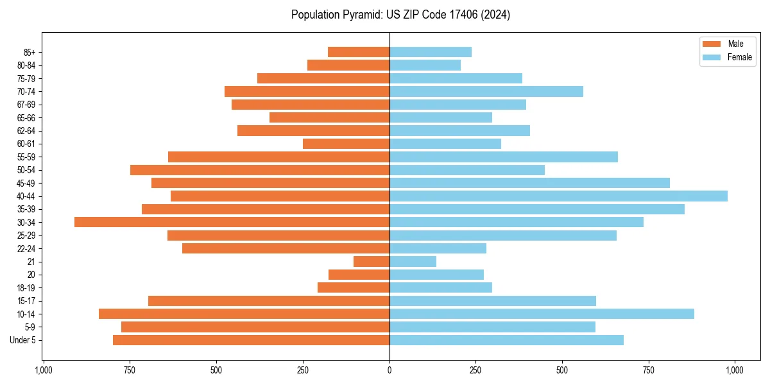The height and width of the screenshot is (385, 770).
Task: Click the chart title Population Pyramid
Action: coord(400,15)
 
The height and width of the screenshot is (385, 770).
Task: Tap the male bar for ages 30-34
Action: coord(232,222)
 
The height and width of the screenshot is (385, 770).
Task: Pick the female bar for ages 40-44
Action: coord(558,196)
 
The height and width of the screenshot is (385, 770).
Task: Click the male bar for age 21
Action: coord(372,262)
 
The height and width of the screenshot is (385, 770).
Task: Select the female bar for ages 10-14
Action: coord(542,314)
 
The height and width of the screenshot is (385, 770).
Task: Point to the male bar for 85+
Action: coord(359,52)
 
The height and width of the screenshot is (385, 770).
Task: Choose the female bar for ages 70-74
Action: coord(486,91)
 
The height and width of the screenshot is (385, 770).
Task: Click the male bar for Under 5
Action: coord(251,340)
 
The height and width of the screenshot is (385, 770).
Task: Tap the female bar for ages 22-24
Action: coord(438,248)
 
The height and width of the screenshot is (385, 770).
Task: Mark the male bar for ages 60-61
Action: coord(346,144)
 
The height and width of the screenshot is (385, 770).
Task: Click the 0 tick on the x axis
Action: coord(389,370)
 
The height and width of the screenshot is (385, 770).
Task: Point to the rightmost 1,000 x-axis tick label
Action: coord(735,370)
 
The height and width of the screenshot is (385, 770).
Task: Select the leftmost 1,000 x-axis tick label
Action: coord(44,370)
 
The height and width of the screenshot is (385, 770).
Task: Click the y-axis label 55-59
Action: coord(26,157)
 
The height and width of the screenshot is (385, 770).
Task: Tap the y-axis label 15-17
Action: coord(26,301)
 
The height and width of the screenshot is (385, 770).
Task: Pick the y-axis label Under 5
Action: coord(23,340)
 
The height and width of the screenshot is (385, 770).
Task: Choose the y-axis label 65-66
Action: coord(26,117)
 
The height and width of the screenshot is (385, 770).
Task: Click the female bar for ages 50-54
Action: coord(467,170)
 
